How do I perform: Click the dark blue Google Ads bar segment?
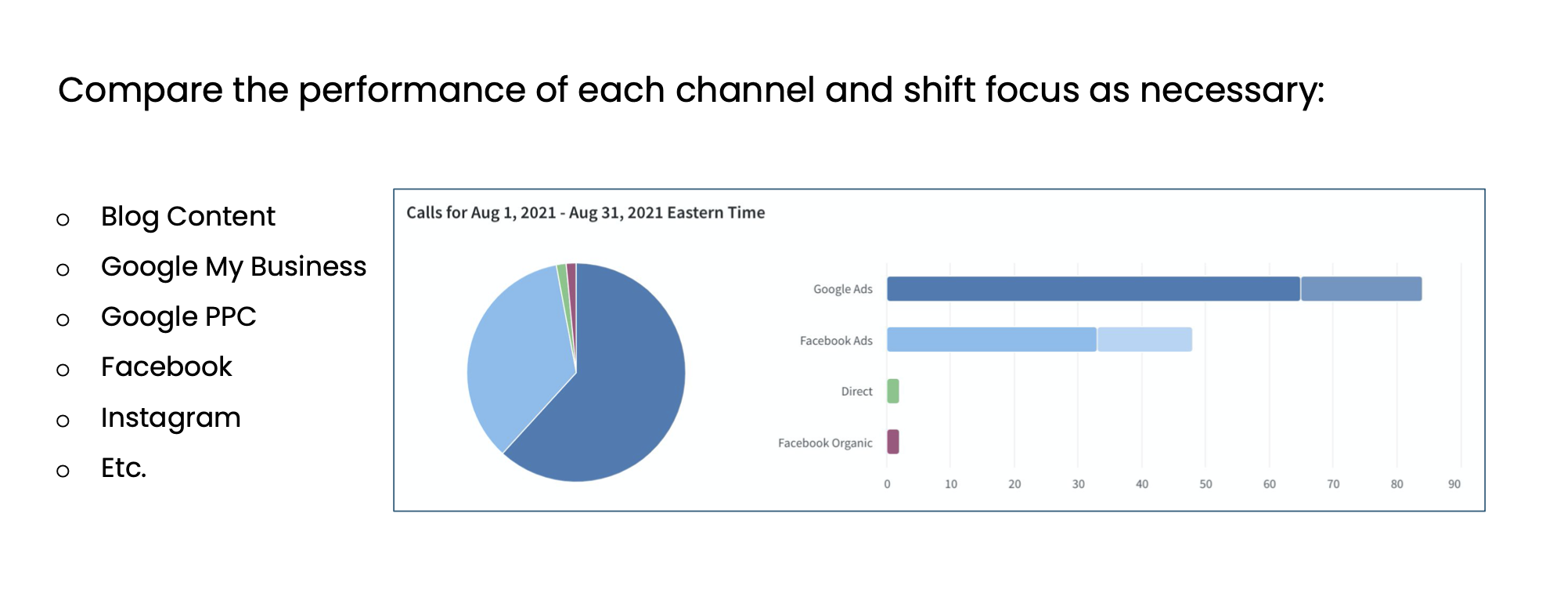click(1093, 289)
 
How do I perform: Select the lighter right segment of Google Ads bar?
click(1360, 289)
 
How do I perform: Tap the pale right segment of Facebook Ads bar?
click(1144, 340)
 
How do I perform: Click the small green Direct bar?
click(892, 391)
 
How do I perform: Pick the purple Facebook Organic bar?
click(892, 442)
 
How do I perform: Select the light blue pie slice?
click(517, 352)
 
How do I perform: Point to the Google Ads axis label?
click(842, 290)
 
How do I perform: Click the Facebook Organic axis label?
click(824, 443)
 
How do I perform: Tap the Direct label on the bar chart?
click(856, 392)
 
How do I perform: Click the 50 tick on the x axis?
click(1205, 484)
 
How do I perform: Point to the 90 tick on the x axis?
click(1454, 484)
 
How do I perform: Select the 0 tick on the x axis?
click(887, 484)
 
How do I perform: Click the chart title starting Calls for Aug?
click(585, 213)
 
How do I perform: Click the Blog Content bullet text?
click(188, 217)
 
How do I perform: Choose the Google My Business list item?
click(233, 267)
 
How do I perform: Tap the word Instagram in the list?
click(171, 418)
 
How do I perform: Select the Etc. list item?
click(124, 468)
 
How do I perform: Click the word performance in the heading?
click(412, 91)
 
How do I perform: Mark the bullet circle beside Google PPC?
click(63, 320)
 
